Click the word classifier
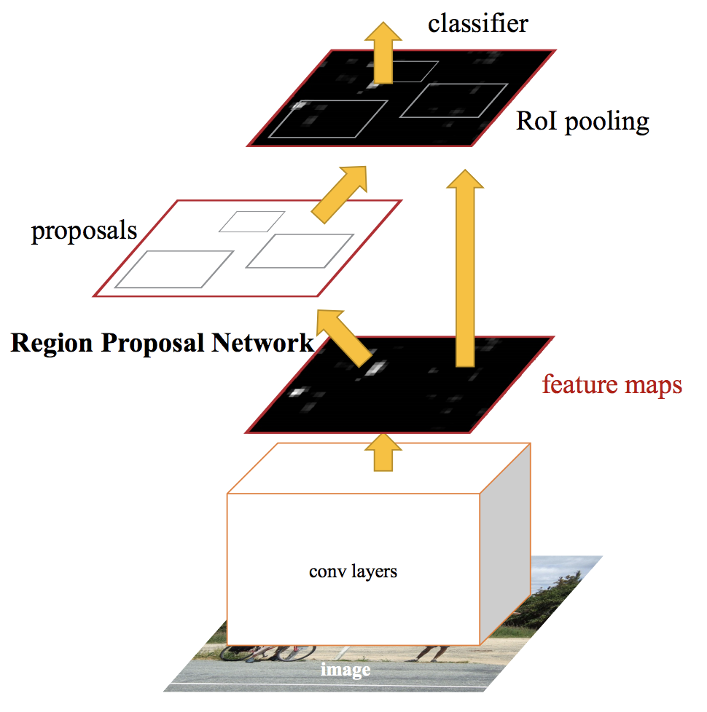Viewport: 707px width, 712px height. coord(477,24)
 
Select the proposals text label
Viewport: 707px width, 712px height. coord(84,230)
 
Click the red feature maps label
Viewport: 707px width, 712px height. coord(612,384)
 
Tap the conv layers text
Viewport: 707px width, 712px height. coord(353,571)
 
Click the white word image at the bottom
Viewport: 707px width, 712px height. coord(345,670)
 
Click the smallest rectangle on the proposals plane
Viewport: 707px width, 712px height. coord(251,221)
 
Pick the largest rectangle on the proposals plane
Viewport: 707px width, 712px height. coord(174,269)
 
